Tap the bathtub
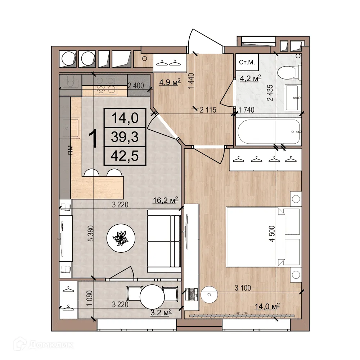tap(269, 132)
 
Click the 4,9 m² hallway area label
tap(170, 83)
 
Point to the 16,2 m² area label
tap(166, 201)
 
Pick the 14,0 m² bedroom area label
tap(267, 306)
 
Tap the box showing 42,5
tap(125, 156)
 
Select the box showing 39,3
tap(125, 137)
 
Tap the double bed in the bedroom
tap(263, 237)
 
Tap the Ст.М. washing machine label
tap(247, 62)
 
